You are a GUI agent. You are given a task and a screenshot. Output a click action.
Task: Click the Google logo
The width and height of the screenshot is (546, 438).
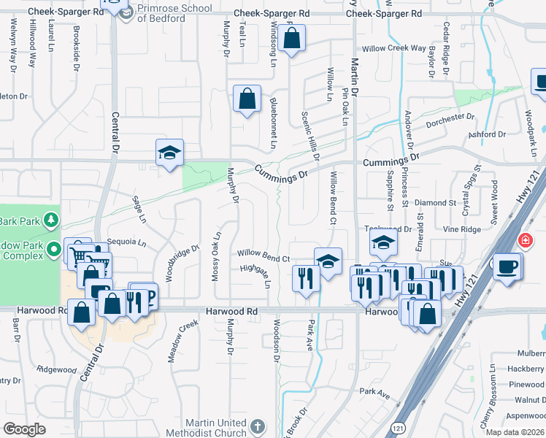point(24,429)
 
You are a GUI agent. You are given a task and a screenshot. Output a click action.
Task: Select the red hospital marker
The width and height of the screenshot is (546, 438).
point(524,240)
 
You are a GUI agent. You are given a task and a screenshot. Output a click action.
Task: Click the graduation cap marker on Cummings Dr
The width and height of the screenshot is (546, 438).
point(169,153)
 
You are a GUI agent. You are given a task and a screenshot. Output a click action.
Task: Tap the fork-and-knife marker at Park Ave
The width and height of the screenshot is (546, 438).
point(305,277)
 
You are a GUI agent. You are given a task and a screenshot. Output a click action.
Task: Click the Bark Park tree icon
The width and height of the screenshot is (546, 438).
point(50,219)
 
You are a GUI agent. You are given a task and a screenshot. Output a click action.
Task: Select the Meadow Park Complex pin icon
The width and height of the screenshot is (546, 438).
point(53,250)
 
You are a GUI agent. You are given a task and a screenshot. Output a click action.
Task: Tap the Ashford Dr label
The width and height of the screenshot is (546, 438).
point(488,134)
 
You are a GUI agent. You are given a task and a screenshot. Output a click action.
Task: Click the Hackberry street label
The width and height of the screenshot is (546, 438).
point(525,369)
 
